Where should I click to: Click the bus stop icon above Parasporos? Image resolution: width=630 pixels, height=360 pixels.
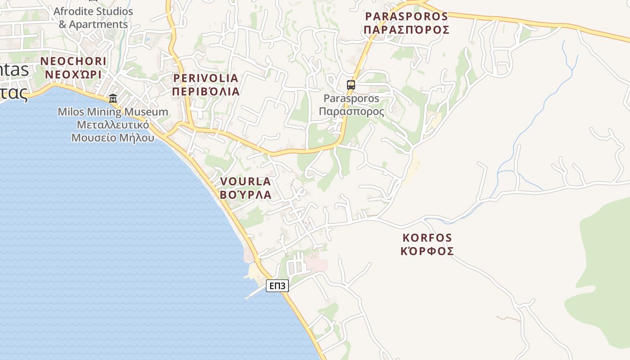(351, 85)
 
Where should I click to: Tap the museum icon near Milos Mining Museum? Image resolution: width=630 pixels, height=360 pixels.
(112, 99)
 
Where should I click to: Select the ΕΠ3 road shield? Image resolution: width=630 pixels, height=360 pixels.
(277, 286)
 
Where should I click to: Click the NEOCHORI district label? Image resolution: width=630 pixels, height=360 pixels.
(73, 61)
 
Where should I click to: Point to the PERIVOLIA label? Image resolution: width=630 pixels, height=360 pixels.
(206, 78)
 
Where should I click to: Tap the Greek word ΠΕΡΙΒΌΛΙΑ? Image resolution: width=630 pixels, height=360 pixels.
(206, 92)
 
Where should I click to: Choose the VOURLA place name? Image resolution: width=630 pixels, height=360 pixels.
(245, 181)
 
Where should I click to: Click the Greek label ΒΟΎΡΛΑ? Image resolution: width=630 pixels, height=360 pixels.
(245, 195)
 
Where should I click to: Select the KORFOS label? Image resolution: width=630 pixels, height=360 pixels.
(427, 238)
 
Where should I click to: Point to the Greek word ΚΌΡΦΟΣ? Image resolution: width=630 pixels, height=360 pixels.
(427, 251)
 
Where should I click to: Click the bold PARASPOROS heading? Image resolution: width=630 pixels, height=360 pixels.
(406, 17)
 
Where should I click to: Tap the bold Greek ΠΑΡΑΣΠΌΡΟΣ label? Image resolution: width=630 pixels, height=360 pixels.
(406, 30)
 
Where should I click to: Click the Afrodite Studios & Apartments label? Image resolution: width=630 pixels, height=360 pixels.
(93, 18)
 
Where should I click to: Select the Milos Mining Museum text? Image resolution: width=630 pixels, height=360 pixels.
(113, 112)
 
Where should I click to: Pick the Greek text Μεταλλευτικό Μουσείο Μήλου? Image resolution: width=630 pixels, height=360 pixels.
(113, 131)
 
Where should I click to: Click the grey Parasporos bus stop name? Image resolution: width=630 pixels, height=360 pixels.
(351, 98)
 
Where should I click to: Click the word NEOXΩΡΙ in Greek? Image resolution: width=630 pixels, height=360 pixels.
(73, 75)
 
